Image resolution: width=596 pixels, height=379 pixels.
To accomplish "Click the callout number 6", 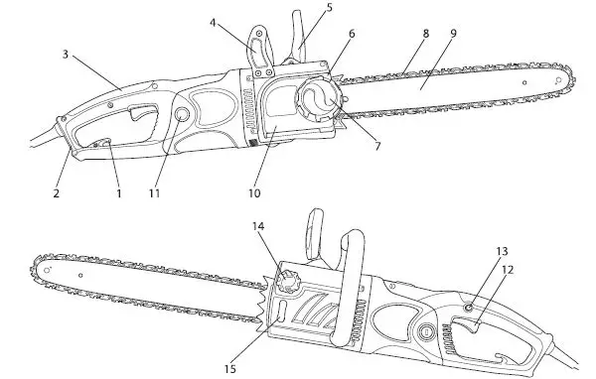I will pyautogui.click(x=351, y=33).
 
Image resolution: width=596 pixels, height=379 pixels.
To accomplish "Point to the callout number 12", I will pyautogui.click(x=509, y=268).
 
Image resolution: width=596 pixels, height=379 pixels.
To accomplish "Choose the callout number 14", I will pyautogui.click(x=259, y=227).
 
